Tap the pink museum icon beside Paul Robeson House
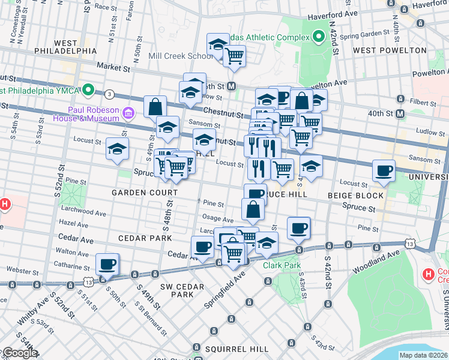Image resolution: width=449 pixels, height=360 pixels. pyautogui.click(x=127, y=113)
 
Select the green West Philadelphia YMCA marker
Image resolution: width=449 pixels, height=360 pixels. pyautogui.click(x=88, y=91)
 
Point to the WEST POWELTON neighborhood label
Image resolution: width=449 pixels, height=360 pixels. pyautogui.click(x=390, y=50)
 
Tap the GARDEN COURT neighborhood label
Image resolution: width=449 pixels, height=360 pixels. pyautogui.click(x=144, y=193)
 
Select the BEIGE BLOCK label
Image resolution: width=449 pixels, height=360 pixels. pyautogui.click(x=355, y=196)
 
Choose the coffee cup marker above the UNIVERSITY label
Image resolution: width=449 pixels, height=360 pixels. pyautogui.click(x=384, y=170)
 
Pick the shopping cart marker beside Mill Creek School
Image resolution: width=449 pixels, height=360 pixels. pyautogui.click(x=234, y=56)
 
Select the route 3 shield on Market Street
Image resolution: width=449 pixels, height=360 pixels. pyautogui.click(x=109, y=94)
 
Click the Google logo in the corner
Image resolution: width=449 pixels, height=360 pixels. pyautogui.click(x=19, y=353)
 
